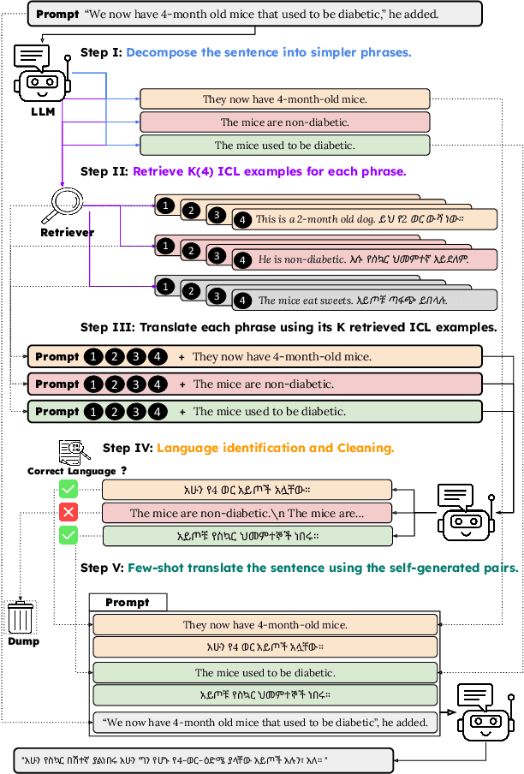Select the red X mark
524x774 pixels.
click(68, 512)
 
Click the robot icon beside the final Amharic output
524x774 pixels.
click(485, 713)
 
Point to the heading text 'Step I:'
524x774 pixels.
click(101, 52)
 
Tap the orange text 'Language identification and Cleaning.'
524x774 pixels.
click(275, 447)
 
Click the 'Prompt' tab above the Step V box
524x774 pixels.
click(128, 602)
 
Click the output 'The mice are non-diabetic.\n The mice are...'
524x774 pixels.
click(247, 514)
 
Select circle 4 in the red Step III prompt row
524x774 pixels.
click(158, 384)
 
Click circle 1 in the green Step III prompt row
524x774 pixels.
click(92, 412)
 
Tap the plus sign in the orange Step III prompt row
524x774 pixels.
click(181, 357)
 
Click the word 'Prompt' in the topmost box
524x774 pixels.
click(57, 14)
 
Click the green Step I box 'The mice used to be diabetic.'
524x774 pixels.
click(285, 146)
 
